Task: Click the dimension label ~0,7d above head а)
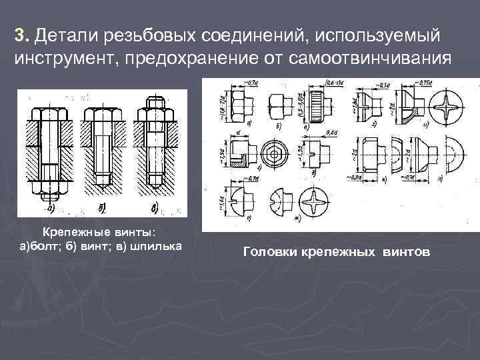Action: tap(252, 83)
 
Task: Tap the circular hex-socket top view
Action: tap(273, 153)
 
